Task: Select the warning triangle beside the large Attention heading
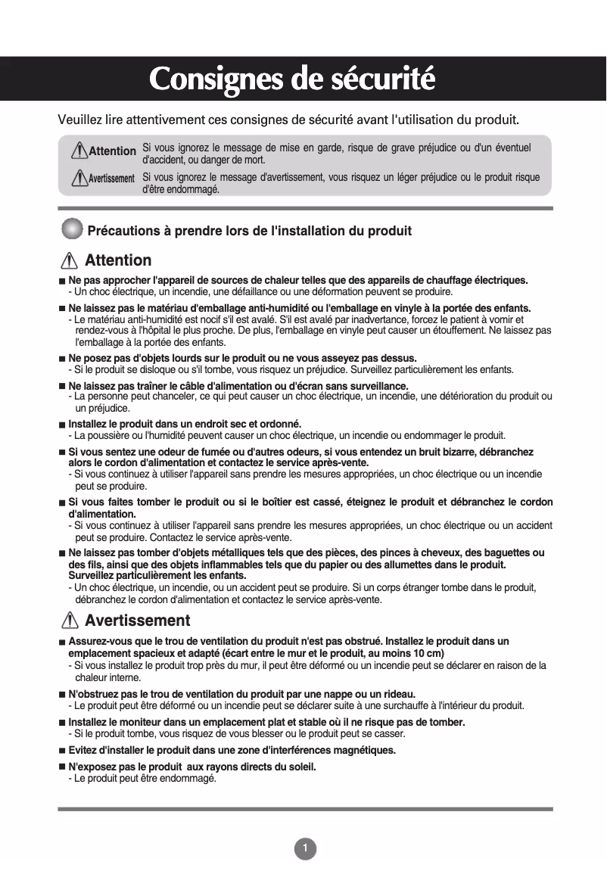(x=69, y=261)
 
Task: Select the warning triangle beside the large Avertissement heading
(x=69, y=621)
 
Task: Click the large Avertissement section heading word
(x=137, y=621)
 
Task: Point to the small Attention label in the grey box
(x=112, y=151)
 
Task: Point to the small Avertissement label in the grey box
(x=111, y=179)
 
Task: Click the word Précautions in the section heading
(x=125, y=230)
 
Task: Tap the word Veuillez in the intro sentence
(x=79, y=120)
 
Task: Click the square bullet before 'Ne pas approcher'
(x=62, y=282)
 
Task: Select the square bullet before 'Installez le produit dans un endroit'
(x=62, y=424)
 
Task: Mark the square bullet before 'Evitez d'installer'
(x=62, y=751)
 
